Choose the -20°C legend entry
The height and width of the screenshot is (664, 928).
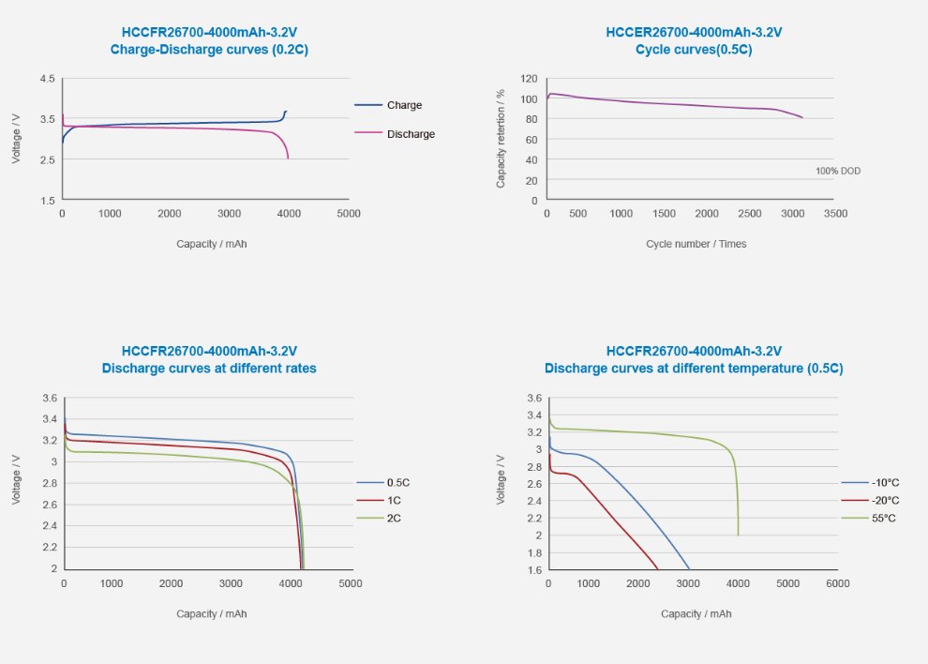[x=884, y=500]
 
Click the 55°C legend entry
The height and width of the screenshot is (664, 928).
[x=882, y=518]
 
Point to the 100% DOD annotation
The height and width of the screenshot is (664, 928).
[x=837, y=171]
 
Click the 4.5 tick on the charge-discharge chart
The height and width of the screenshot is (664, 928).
[x=47, y=79]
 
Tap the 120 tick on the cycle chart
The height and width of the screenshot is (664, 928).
[x=529, y=79]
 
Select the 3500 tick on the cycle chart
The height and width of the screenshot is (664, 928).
[x=835, y=213]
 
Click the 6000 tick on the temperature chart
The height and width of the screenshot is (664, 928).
[x=837, y=582]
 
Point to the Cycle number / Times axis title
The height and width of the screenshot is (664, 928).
[x=696, y=244]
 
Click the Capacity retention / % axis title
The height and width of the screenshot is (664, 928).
[x=501, y=139]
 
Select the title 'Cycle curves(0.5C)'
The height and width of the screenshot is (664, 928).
[x=695, y=50]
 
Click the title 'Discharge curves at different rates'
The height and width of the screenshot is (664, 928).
[x=209, y=369]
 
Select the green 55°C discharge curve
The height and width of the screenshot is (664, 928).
[x=656, y=432]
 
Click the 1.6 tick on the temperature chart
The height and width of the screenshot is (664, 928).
[x=533, y=569]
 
